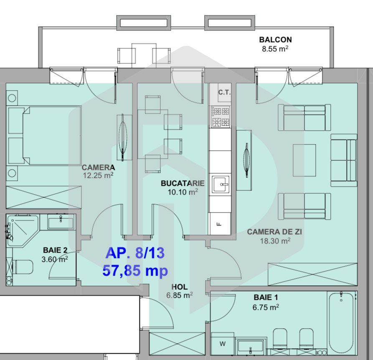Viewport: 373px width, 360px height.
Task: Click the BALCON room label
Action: pyautogui.click(x=275, y=40)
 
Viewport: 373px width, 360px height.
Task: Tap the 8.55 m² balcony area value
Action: pyautogui.click(x=275, y=49)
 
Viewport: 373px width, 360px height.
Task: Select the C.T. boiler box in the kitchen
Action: pyautogui.click(x=224, y=93)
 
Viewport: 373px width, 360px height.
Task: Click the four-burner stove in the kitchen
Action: pyautogui.click(x=220, y=117)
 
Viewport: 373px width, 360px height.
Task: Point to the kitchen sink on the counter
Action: pyautogui.click(x=220, y=184)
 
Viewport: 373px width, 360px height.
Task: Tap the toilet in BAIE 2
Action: pyautogui.click(x=22, y=266)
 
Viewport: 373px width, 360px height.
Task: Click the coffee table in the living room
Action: pyautogui.click(x=304, y=157)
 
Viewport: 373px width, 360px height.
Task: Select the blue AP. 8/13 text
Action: pyautogui.click(x=135, y=253)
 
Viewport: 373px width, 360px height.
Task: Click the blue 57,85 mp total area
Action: pyautogui.click(x=135, y=271)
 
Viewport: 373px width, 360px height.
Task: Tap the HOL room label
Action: pyautogui.click(x=179, y=287)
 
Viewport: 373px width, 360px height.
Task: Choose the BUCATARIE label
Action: pyautogui.click(x=183, y=183)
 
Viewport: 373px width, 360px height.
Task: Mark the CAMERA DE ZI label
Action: pyautogui.click(x=274, y=232)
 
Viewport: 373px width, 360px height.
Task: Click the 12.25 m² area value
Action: pyautogui.click(x=98, y=176)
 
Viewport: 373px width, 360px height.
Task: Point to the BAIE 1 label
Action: pyautogui.click(x=266, y=298)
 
